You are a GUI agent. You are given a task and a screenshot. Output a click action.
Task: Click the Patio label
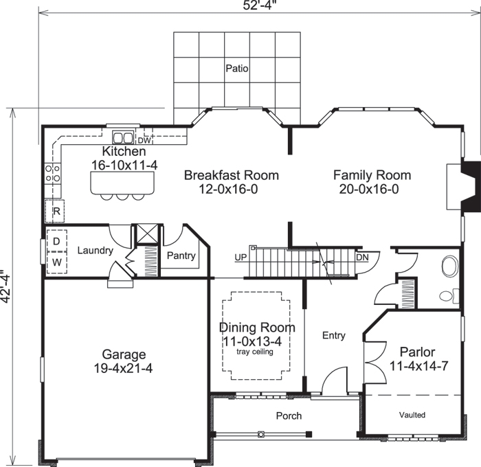(236, 69)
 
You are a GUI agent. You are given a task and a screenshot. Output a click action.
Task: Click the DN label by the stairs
(362, 258)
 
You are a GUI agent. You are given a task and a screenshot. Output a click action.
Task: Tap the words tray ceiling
(254, 352)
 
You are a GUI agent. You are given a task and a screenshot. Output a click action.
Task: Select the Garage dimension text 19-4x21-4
(124, 369)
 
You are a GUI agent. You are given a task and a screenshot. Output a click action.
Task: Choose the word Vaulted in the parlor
(412, 415)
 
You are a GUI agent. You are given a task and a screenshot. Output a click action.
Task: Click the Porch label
(289, 415)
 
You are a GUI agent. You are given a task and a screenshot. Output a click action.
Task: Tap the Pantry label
(181, 255)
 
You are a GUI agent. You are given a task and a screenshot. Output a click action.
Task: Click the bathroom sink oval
(449, 266)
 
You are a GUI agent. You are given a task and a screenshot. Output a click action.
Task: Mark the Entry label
(334, 336)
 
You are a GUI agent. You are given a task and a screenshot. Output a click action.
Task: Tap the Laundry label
(95, 251)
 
